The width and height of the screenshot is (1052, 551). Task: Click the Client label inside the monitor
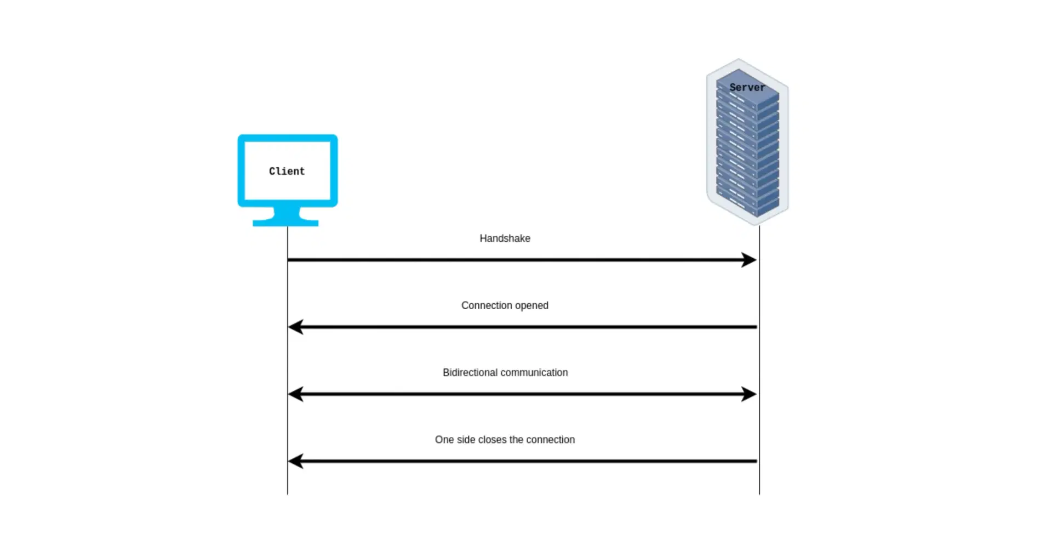[287, 171]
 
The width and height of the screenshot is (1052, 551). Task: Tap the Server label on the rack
[747, 87]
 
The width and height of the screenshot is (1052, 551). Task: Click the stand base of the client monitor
[285, 223]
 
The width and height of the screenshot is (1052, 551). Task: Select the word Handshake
[505, 238]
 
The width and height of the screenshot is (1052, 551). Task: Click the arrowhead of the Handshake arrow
[749, 260]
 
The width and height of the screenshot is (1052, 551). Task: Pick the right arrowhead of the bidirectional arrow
[749, 394]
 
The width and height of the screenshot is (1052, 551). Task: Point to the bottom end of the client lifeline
[288, 492]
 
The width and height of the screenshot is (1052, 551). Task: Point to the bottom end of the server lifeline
[759, 492]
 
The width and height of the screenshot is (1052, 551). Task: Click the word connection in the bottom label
[550, 440]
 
